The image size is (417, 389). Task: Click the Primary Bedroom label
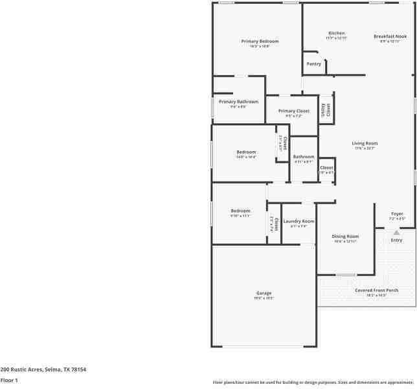coord(260,41)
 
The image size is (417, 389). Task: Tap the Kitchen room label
coord(336,33)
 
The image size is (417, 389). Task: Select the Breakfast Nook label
coord(390,36)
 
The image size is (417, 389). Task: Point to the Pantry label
coord(314,64)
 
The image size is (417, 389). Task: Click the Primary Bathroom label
coord(238,102)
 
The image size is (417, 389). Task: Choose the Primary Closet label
coord(294,111)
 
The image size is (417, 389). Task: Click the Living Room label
coord(365,143)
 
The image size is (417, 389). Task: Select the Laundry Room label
coord(299,221)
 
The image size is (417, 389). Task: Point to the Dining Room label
coord(345,237)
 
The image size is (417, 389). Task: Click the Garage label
coord(264,293)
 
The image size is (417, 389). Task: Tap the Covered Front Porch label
coord(376,290)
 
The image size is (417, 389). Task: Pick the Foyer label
coord(397,213)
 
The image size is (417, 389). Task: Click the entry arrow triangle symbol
coord(396,231)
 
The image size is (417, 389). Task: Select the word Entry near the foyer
coord(396,241)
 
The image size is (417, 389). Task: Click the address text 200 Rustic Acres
coord(43,370)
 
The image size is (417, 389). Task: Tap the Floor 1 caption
coord(9,380)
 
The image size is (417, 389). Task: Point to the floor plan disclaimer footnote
coord(313,382)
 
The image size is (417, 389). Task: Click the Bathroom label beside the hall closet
coord(304,156)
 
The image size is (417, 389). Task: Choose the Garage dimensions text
coord(264,298)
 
